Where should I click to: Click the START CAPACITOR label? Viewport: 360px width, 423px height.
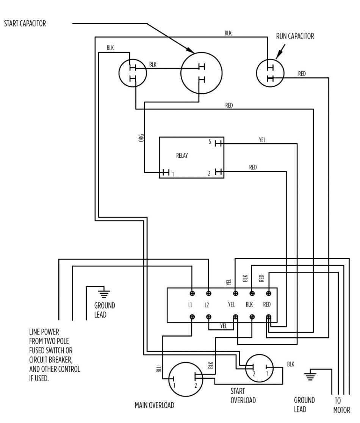coord(25,23)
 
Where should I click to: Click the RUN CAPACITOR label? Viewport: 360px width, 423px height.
coord(295,37)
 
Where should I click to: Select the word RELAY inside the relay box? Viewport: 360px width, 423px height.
coord(182,155)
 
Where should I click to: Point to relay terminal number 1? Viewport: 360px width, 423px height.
coord(172,174)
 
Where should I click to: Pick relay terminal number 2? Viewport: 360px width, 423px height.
coord(209,174)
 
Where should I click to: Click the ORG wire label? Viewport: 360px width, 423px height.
coord(141,138)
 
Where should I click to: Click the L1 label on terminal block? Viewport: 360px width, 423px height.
coord(190,305)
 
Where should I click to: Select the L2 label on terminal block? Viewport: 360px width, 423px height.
coord(207,305)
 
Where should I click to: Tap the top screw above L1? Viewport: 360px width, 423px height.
coord(192,293)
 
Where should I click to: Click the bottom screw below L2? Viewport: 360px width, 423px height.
coord(208,316)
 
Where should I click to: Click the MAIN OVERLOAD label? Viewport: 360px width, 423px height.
coord(154,405)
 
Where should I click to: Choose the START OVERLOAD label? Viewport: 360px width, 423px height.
coord(243,395)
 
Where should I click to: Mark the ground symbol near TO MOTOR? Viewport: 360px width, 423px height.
coord(311,375)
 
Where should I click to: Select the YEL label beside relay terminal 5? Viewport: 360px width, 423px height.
coord(262,140)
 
